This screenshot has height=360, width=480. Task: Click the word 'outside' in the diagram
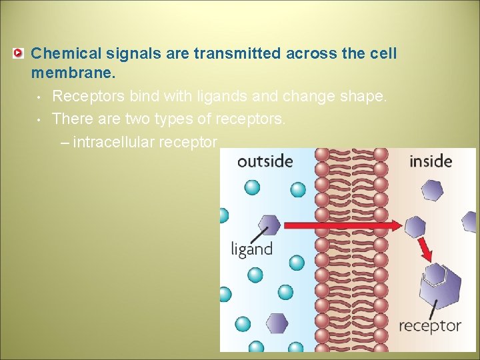[265, 162]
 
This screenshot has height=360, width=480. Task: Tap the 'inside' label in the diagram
[430, 161]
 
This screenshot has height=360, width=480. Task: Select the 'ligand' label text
[252, 249]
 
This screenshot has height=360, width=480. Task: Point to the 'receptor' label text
[429, 326]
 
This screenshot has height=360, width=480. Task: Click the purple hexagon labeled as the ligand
[269, 225]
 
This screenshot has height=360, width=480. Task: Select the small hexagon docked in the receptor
[434, 273]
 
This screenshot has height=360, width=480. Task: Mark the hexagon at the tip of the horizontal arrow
[415, 227]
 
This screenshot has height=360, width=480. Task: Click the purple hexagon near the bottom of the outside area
[276, 323]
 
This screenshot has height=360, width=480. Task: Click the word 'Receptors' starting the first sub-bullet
[88, 96]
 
